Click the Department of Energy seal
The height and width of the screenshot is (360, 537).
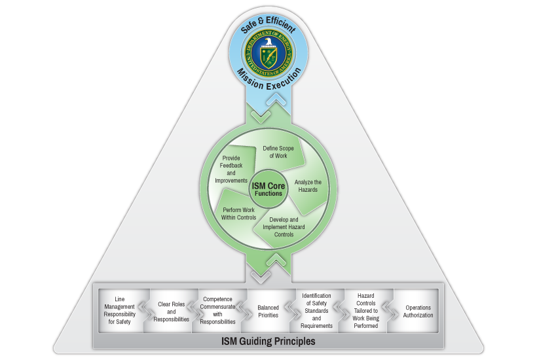point(268,53)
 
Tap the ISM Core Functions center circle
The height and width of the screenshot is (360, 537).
point(268,189)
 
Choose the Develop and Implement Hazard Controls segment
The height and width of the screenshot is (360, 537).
point(284,227)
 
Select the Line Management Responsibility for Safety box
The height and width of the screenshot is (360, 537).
point(120,310)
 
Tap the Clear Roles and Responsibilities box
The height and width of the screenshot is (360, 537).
point(171,312)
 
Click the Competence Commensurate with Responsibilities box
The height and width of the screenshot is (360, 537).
point(218,310)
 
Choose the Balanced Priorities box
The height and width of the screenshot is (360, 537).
point(268,312)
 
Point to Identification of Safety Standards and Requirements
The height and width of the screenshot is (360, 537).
point(316,310)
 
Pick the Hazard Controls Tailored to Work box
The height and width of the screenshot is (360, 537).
point(366,310)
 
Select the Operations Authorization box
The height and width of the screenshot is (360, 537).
point(418,312)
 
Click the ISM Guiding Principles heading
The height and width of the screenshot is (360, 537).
point(268,341)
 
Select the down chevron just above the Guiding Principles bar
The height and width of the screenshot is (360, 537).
point(261,277)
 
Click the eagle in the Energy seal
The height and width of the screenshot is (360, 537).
point(269,42)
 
